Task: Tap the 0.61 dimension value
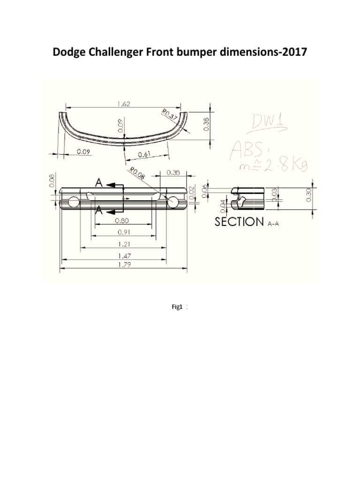pyautogui.click(x=145, y=154)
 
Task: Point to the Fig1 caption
pyautogui.click(x=176, y=307)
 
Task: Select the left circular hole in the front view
pyautogui.click(x=74, y=202)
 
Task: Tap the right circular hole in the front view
pyautogui.click(x=173, y=202)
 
